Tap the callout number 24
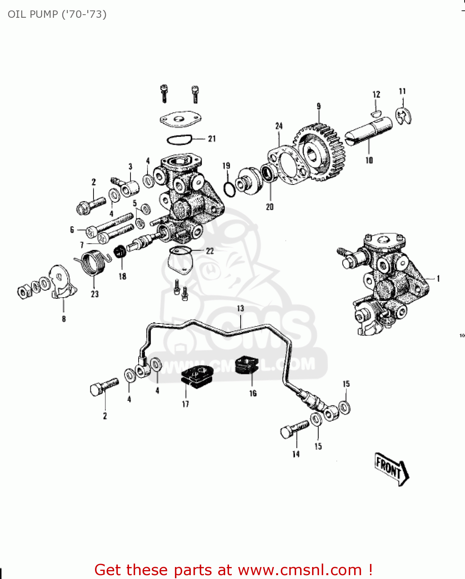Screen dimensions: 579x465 click(279, 126)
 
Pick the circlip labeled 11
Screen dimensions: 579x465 click(404, 115)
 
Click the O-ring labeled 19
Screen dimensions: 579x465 click(229, 189)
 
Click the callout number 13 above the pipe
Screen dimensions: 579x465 click(240, 308)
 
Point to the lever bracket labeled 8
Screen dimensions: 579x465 click(61, 284)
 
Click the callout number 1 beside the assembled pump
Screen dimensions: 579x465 click(438, 279)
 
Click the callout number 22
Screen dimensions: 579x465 click(210, 251)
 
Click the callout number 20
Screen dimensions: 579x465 click(270, 207)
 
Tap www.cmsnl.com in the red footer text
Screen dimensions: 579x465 click(300, 570)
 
